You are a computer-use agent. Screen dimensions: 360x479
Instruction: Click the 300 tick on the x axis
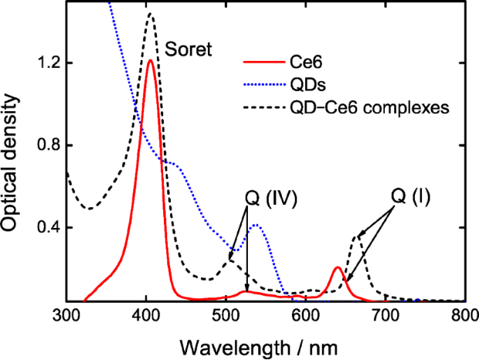click(x=67, y=314)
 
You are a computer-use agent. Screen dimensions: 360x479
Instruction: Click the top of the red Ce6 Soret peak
click(x=151, y=60)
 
